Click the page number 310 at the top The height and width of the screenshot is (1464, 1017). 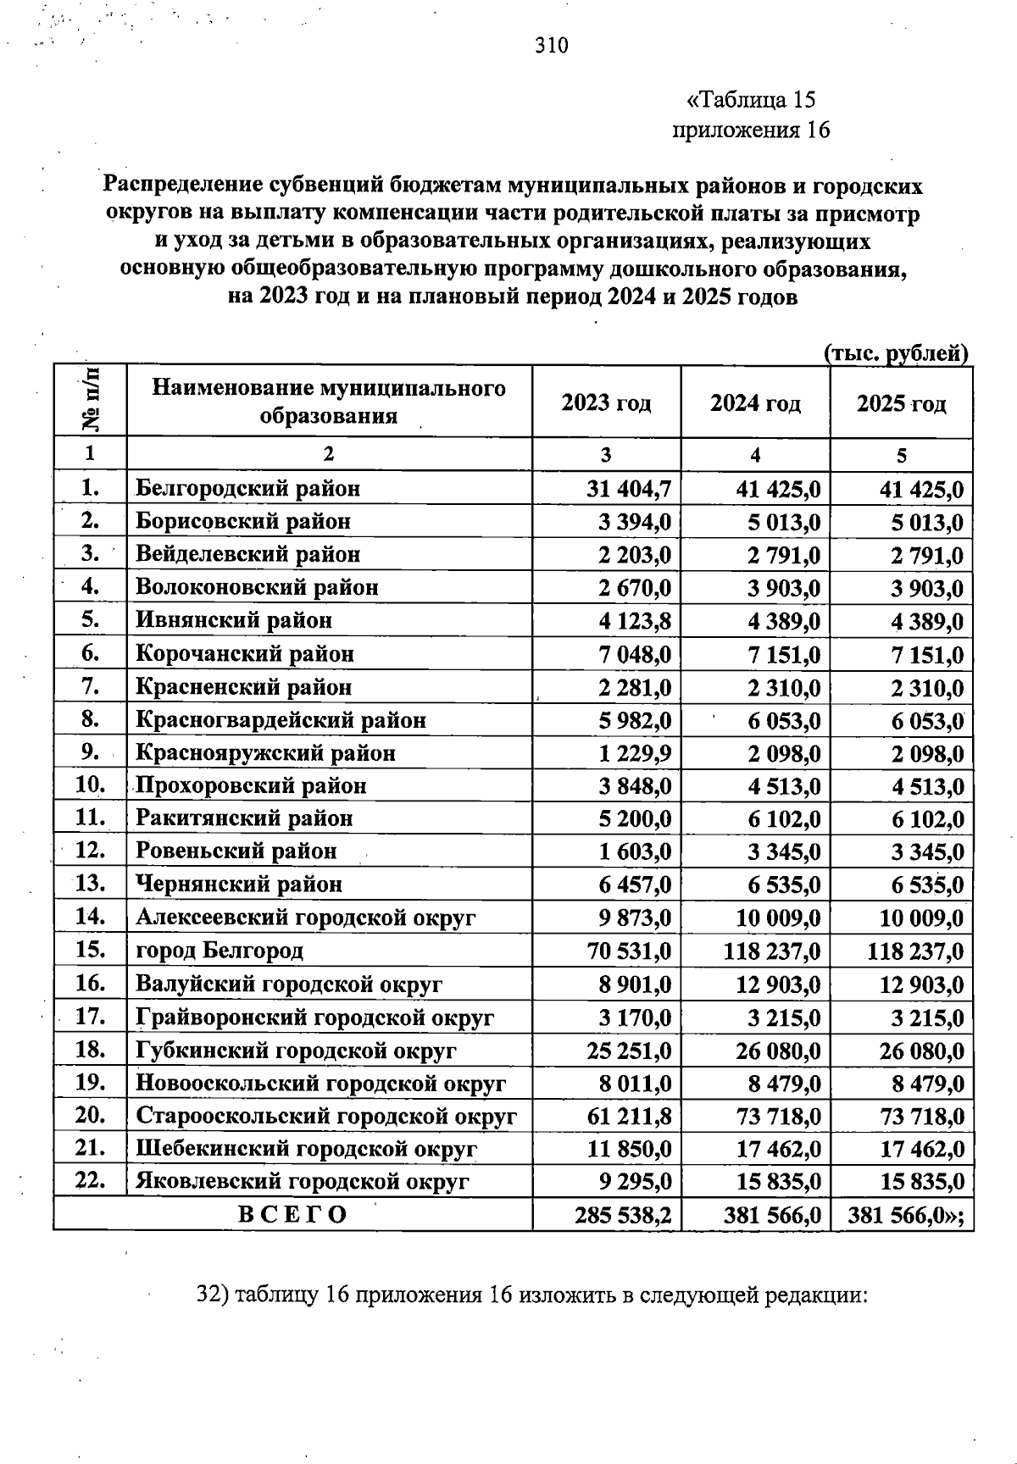tap(552, 46)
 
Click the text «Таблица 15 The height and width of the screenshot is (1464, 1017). tap(750, 100)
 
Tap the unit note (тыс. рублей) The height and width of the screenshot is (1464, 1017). tap(896, 353)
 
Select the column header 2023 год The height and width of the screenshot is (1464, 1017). tap(606, 402)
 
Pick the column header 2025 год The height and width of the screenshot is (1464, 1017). tap(901, 403)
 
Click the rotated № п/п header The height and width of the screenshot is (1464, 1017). tap(90, 401)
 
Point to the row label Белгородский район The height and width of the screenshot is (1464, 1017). tap(247, 488)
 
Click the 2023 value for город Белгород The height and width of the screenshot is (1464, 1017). tap(629, 951)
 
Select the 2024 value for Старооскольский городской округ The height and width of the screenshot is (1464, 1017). tap(778, 1117)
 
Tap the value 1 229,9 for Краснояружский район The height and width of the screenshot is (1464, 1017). tap(635, 753)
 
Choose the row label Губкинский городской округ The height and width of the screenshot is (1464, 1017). tap(296, 1051)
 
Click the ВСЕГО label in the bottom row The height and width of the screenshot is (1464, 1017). tap(292, 1215)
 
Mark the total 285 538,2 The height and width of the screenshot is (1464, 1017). tap(623, 1216)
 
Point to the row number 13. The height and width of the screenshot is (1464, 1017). tap(90, 884)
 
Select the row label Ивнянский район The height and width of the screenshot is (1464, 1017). tap(234, 620)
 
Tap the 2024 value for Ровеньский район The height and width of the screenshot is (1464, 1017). tap(784, 851)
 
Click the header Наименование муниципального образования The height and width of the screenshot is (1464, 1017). tap(329, 402)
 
